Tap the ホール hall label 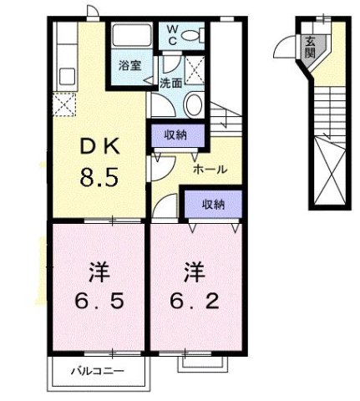click(210, 169)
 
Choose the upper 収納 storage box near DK click(175, 133)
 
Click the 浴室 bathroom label click(129, 64)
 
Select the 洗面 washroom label click(171, 82)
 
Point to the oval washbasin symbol click(192, 104)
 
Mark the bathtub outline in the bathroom click(129, 38)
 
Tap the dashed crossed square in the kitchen click(63, 104)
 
